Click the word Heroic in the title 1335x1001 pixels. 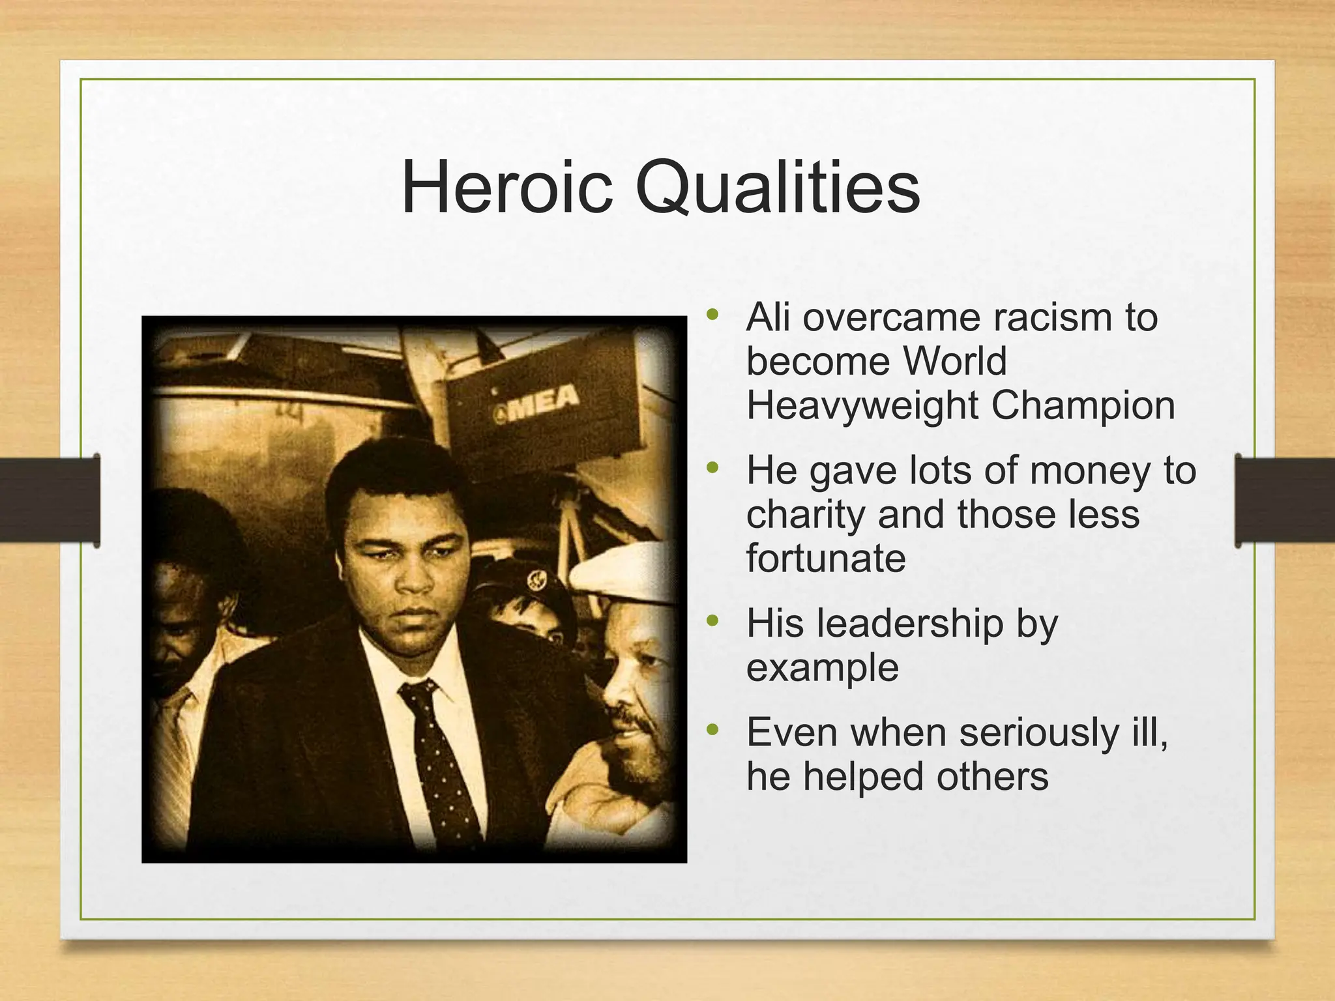(x=506, y=188)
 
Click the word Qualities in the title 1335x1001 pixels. (x=777, y=189)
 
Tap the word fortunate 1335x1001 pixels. (x=826, y=559)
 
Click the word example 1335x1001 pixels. (x=823, y=669)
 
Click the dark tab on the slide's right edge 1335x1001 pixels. (x=1284, y=500)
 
